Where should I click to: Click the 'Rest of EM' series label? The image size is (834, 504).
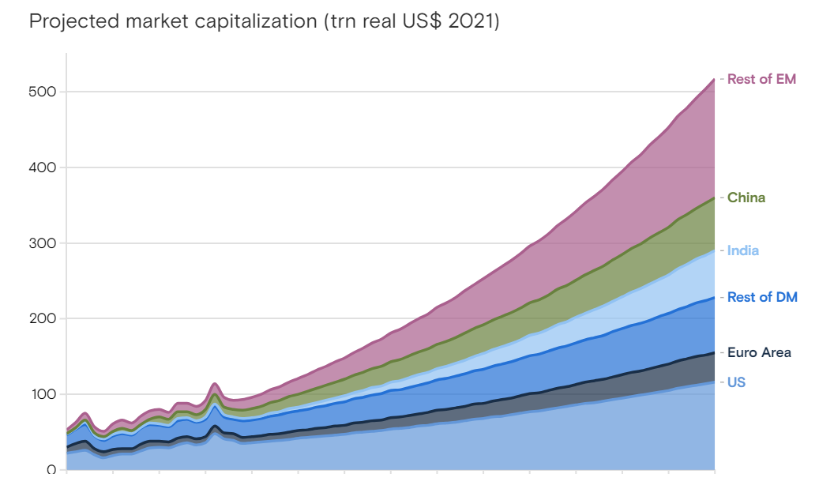coord(761,79)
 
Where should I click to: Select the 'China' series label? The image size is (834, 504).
coord(746,197)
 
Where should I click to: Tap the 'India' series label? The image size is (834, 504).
coord(743,250)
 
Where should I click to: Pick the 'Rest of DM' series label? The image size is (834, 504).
coord(762,297)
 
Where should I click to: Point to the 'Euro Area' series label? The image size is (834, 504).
coord(759,352)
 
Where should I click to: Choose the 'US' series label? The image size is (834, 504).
coord(736,382)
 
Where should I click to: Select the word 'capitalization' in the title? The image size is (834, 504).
coord(251,21)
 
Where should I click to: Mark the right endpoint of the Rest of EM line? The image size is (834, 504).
coord(714,79)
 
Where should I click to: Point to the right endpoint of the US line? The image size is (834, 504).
coord(714,382)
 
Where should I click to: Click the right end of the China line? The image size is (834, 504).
coord(714,197)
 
